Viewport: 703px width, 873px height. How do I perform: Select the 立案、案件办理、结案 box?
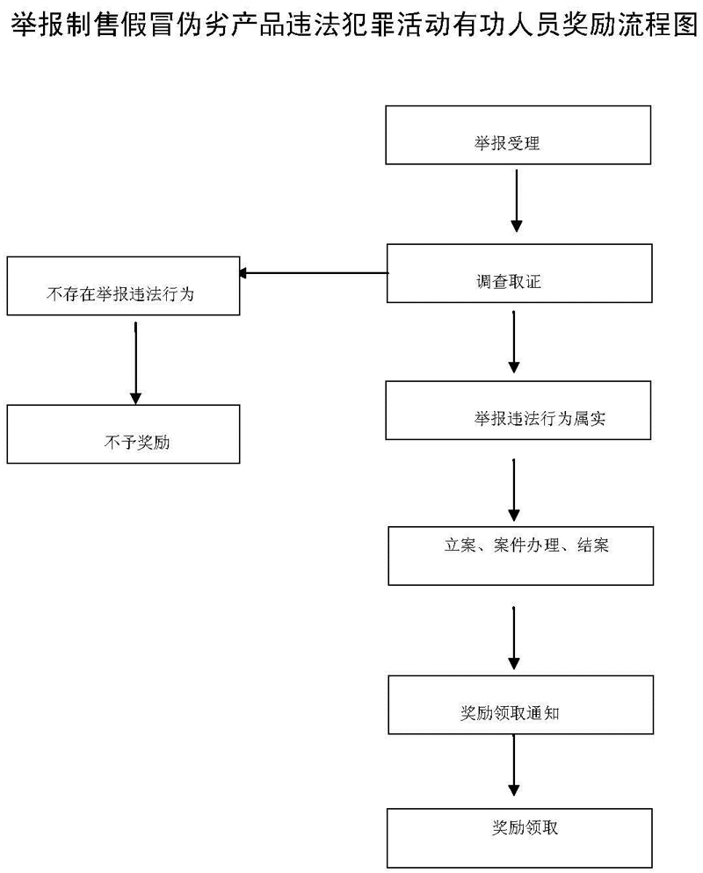[x=521, y=556]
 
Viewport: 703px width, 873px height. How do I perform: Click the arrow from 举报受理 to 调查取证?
[x=517, y=201]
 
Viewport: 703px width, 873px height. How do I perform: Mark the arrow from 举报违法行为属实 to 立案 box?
[x=515, y=487]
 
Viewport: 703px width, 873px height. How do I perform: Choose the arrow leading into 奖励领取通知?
[x=515, y=635]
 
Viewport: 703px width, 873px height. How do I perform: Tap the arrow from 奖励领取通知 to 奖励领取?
[x=515, y=766]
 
